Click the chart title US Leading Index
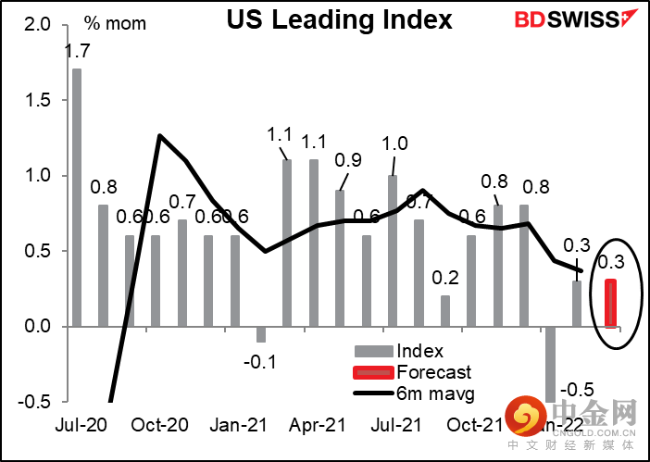click(x=340, y=20)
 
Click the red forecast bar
click(x=611, y=303)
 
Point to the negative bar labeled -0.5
click(x=551, y=364)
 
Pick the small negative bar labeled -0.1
click(x=261, y=334)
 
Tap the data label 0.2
click(x=445, y=277)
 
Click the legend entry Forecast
click(x=431, y=373)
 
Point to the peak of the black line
click(x=160, y=135)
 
